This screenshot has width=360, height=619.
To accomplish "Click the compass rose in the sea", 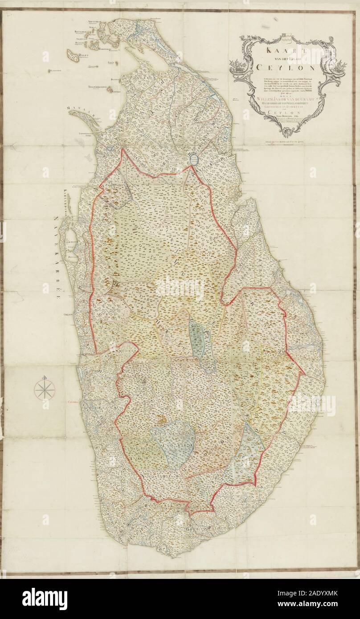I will click(45, 389).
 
